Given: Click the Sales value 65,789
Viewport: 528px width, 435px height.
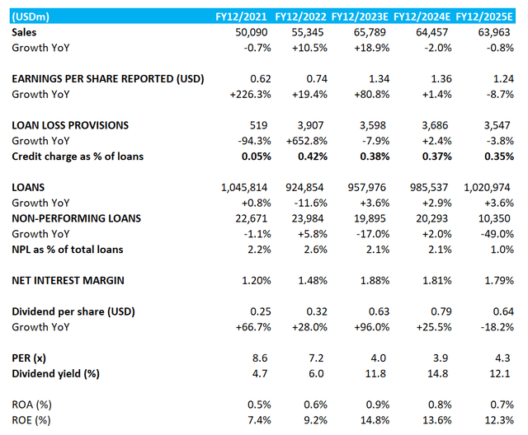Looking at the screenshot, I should coord(375,31).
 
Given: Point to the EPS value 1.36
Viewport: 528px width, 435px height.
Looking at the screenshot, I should coord(438,79).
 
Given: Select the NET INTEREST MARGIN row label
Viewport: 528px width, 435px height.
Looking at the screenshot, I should coord(68,281).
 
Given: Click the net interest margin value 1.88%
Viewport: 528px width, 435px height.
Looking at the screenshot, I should coord(373,281).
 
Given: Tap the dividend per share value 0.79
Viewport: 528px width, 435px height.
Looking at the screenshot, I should coord(438,312).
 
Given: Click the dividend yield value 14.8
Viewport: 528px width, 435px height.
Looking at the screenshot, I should coord(438,375).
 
